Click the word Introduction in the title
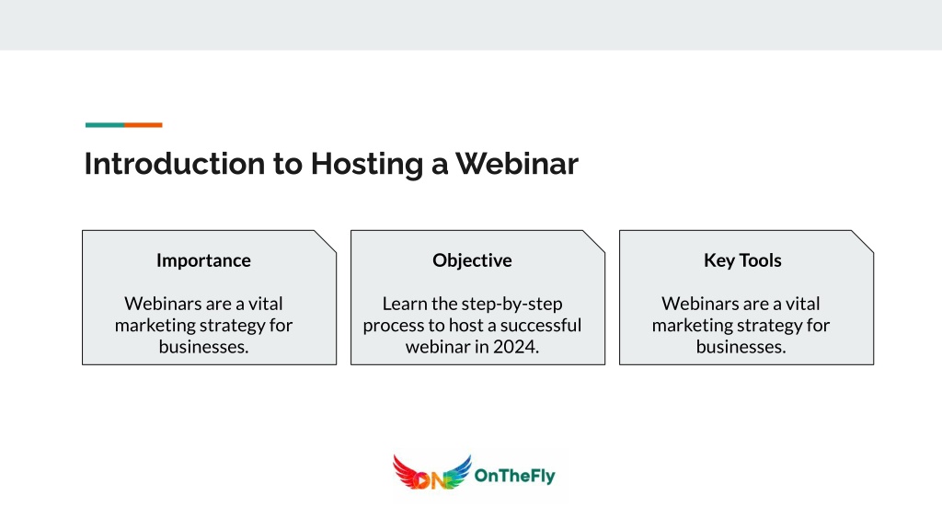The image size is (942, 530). (175, 164)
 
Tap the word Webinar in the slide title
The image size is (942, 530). (517, 164)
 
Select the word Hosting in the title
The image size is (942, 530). (366, 165)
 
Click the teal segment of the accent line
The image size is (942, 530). (105, 125)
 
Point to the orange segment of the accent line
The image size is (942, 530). (143, 125)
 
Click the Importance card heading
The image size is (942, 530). (203, 260)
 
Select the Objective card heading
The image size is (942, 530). (472, 260)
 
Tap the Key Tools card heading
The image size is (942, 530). (742, 260)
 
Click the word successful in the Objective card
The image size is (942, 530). (541, 325)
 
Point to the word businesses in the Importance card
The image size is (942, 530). (201, 347)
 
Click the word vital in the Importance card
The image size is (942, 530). (266, 304)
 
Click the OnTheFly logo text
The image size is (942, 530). (515, 476)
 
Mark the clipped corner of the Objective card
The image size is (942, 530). (593, 242)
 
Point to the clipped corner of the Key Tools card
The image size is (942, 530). (862, 242)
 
